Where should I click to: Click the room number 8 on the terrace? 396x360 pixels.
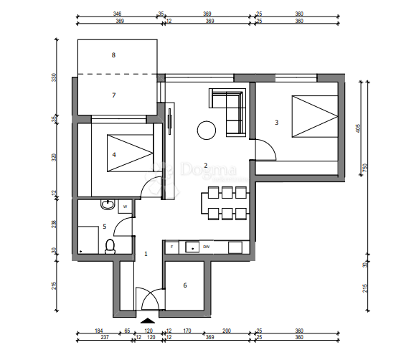point(113,55)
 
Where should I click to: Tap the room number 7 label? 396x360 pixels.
point(113,95)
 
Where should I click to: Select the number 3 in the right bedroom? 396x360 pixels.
point(276,123)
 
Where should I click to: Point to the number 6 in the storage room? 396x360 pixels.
point(184,285)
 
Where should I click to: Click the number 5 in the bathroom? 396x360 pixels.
point(104,227)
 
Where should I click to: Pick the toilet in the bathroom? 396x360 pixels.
point(110,246)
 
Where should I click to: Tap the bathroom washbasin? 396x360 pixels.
point(107,206)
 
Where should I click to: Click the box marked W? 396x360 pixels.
point(125,207)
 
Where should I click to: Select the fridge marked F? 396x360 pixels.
point(171,247)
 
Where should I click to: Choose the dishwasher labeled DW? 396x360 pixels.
point(206,247)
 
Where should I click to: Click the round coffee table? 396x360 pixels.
point(207,130)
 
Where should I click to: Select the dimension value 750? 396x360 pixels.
point(365,169)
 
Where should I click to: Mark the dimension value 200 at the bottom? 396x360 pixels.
point(227,331)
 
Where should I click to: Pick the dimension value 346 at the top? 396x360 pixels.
point(117,14)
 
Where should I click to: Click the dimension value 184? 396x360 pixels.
point(98,331)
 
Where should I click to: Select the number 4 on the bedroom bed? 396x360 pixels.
point(114,153)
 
